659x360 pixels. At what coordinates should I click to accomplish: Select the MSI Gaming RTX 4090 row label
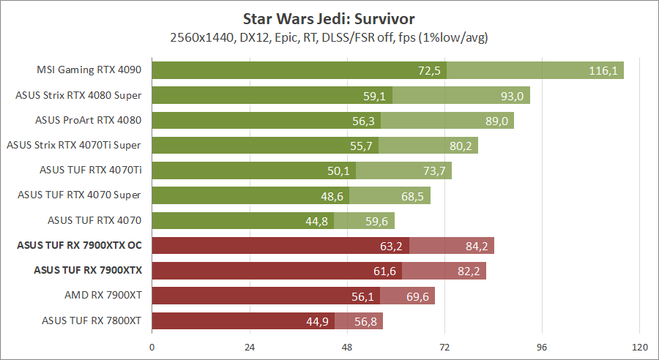89,70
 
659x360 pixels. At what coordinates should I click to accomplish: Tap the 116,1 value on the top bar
604,70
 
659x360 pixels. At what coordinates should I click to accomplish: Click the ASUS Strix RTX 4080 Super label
78,95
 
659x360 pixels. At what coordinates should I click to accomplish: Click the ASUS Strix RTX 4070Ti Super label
73,146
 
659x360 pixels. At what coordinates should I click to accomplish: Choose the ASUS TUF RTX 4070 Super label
79,195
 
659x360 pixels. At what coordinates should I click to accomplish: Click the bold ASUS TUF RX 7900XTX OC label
79,246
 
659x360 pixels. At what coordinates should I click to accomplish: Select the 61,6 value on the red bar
384,271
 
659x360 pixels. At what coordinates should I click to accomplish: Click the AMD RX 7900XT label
103,296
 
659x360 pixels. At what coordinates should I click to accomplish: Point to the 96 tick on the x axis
542,346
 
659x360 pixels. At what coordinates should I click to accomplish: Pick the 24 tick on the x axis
250,346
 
